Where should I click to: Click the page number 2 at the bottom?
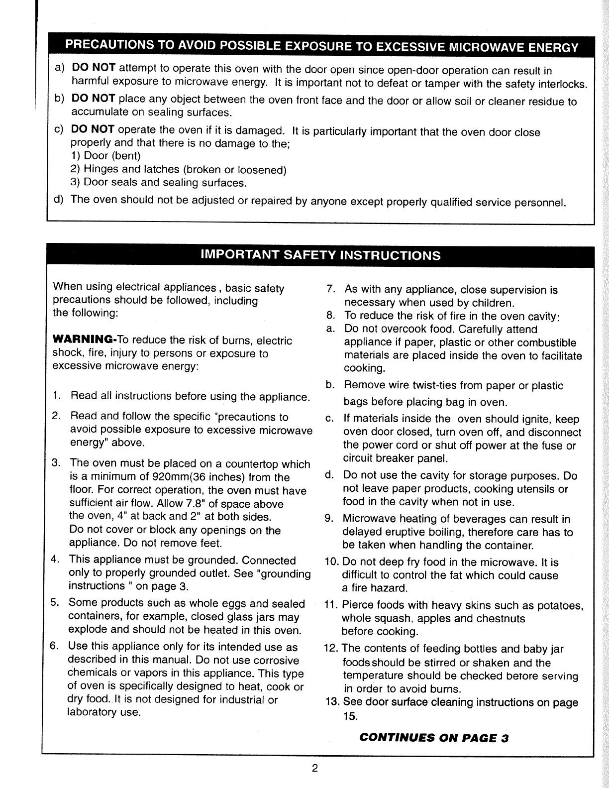(314, 768)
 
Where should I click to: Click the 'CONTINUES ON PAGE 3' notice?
(433, 738)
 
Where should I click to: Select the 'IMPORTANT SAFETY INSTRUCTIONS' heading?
(320, 255)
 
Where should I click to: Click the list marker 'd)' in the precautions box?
(58, 200)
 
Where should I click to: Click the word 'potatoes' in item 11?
(561, 606)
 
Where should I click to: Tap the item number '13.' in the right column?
(331, 702)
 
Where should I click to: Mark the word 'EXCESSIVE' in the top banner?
(410, 48)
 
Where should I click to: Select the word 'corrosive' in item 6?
(276, 661)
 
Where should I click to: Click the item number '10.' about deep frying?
(331, 563)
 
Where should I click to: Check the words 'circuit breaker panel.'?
(396, 458)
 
